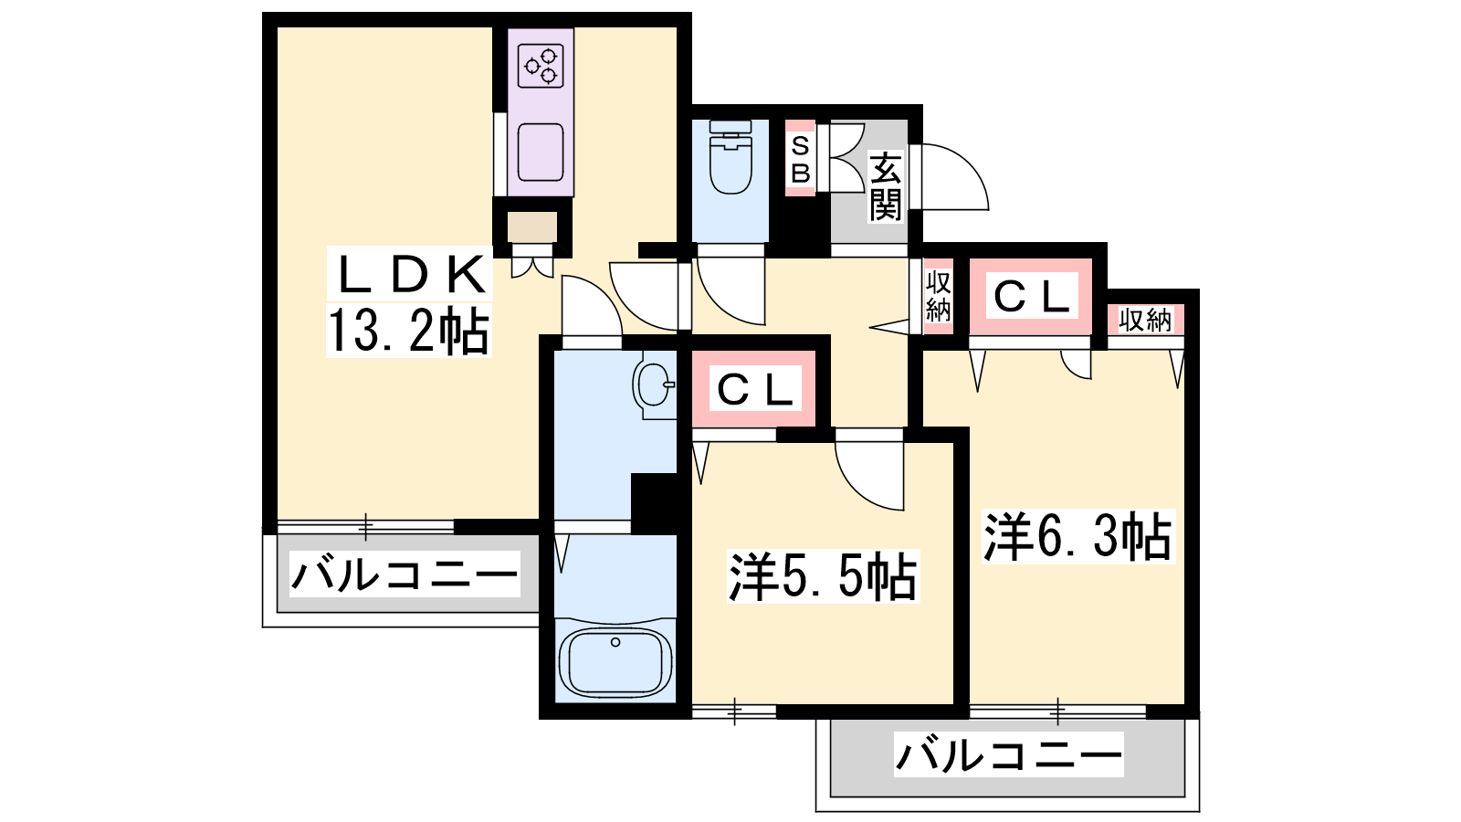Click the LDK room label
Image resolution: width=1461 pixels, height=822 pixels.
pyautogui.click(x=410, y=273)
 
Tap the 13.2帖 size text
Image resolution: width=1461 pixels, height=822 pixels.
pyautogui.click(x=408, y=331)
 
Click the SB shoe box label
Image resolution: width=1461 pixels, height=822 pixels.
pyautogui.click(x=800, y=159)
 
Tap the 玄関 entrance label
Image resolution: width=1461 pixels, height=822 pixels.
pyautogui.click(x=885, y=186)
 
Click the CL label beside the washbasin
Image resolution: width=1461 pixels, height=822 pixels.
pyautogui.click(x=754, y=390)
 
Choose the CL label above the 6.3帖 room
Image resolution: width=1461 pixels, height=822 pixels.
pyautogui.click(x=1031, y=297)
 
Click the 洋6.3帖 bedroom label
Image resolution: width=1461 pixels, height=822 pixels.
pyautogui.click(x=1077, y=536)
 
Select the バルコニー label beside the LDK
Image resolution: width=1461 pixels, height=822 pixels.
pyautogui.click(x=405, y=574)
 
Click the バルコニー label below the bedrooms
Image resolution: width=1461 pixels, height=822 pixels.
pyautogui.click(x=1008, y=754)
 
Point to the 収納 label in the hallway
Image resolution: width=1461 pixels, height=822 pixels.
pyautogui.click(x=939, y=296)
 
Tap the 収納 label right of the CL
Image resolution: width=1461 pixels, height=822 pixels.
pyautogui.click(x=1145, y=320)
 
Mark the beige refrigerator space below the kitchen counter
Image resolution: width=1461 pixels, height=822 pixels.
pyautogui.click(x=532, y=227)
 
